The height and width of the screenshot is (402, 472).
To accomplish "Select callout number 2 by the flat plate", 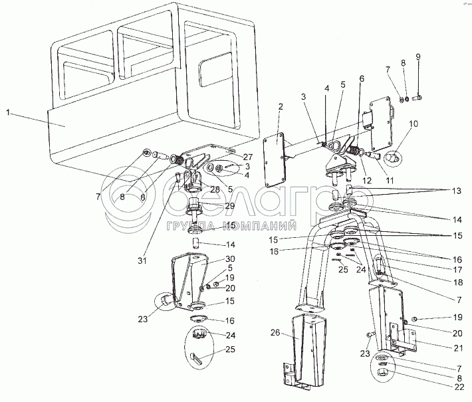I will tap(281, 106).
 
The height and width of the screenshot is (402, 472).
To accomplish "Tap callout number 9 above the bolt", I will tap(418, 57).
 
